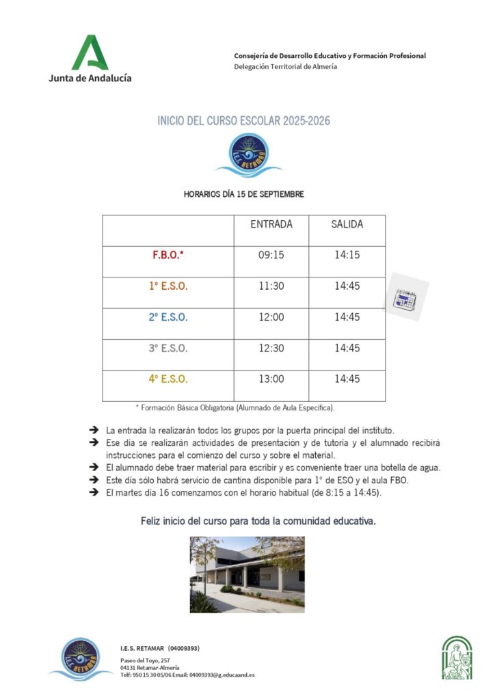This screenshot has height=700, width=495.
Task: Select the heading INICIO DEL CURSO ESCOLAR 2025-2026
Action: [243, 121]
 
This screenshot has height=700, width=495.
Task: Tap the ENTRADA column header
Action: [271, 224]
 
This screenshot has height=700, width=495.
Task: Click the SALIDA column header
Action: [347, 224]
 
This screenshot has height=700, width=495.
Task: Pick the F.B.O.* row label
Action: [168, 256]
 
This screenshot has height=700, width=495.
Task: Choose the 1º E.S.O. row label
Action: [168, 286]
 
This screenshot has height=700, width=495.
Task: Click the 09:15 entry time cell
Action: [271, 256]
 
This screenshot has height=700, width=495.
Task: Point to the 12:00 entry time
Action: [271, 317]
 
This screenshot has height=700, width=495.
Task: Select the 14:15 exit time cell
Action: [347, 256]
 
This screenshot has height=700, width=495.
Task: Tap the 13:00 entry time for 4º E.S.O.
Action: [271, 379]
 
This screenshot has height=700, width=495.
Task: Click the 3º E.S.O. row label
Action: [168, 348]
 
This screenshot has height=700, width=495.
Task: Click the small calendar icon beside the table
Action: [405, 298]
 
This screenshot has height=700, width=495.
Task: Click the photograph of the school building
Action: [247, 574]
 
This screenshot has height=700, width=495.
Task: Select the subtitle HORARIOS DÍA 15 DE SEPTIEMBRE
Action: [243, 194]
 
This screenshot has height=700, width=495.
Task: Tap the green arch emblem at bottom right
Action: [457, 658]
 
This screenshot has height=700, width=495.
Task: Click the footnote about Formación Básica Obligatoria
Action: [235, 407]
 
